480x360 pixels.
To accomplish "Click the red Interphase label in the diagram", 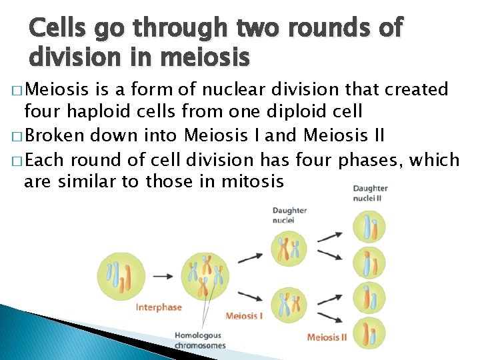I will (159, 307).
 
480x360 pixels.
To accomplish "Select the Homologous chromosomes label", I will (199, 340).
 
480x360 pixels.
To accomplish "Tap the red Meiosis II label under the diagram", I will (327, 337).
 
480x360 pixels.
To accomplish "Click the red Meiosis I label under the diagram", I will (244, 315).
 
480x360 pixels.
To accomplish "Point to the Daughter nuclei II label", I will (370, 193).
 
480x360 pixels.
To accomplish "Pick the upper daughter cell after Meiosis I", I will (289, 249).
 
